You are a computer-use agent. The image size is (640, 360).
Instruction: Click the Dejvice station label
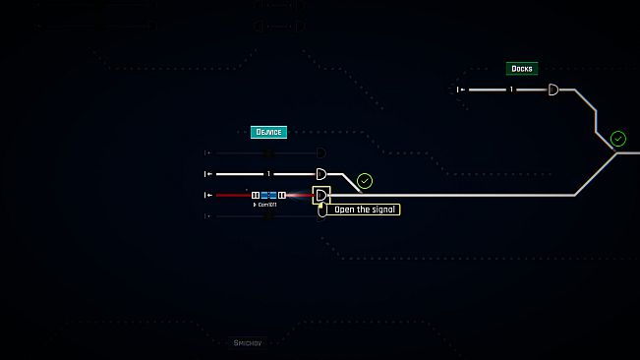[x=268, y=132]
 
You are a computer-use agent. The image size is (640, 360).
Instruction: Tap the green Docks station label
[x=521, y=69]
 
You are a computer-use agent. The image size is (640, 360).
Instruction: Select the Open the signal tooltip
[x=365, y=210]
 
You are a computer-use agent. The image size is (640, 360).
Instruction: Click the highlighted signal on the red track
[x=320, y=195]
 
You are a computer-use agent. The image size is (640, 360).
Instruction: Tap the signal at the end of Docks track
[x=553, y=90]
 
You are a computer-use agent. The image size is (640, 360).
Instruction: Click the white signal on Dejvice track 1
[x=320, y=174]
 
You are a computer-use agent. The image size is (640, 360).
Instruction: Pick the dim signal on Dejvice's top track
[x=320, y=152]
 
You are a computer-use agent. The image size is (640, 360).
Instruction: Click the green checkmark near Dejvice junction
[x=365, y=181]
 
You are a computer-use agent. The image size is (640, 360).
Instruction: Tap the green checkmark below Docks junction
[x=618, y=139]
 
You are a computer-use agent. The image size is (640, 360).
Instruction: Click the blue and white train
[x=268, y=195]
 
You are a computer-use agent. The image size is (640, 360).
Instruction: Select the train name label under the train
[x=266, y=205]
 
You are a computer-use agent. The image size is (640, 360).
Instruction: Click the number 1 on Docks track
[x=510, y=90]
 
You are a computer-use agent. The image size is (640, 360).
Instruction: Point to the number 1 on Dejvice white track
[x=268, y=174]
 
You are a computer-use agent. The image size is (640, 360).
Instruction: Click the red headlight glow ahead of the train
[x=298, y=195]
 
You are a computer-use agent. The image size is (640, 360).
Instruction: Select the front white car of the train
[x=281, y=195]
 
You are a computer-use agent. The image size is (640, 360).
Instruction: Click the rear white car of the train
[x=256, y=195]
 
